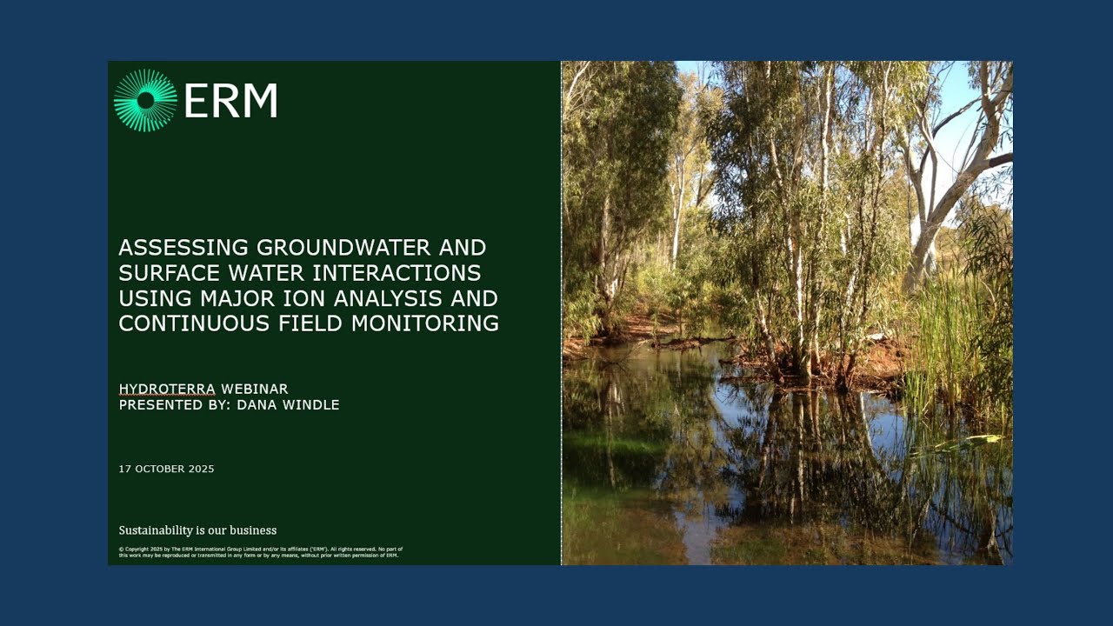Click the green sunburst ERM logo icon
click(x=145, y=101)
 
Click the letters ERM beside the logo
click(x=230, y=101)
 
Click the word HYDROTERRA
click(x=166, y=389)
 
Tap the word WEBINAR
click(x=254, y=389)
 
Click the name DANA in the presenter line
click(x=254, y=405)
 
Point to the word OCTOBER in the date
click(x=161, y=469)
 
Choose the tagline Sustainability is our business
click(x=197, y=530)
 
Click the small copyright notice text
click(x=260, y=552)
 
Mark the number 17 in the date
click(x=124, y=469)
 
